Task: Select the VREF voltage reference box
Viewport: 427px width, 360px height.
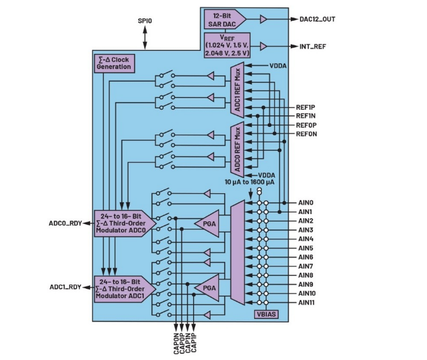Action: pyautogui.click(x=228, y=45)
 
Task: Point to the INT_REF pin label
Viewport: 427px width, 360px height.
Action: pyautogui.click(x=313, y=46)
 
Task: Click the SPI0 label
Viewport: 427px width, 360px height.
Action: pyautogui.click(x=145, y=21)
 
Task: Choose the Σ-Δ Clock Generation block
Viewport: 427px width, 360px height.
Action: pyautogui.click(x=114, y=63)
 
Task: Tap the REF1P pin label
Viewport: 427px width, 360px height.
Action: pyautogui.click(x=306, y=107)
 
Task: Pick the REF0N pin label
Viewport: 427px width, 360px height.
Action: pyautogui.click(x=306, y=134)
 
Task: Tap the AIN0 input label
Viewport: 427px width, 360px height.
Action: pyautogui.click(x=306, y=202)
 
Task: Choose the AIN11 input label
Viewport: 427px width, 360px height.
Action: pyautogui.click(x=308, y=302)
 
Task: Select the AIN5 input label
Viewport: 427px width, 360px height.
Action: pyautogui.click(x=306, y=248)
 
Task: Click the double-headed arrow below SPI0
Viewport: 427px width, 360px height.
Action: pyautogui.click(x=145, y=38)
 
